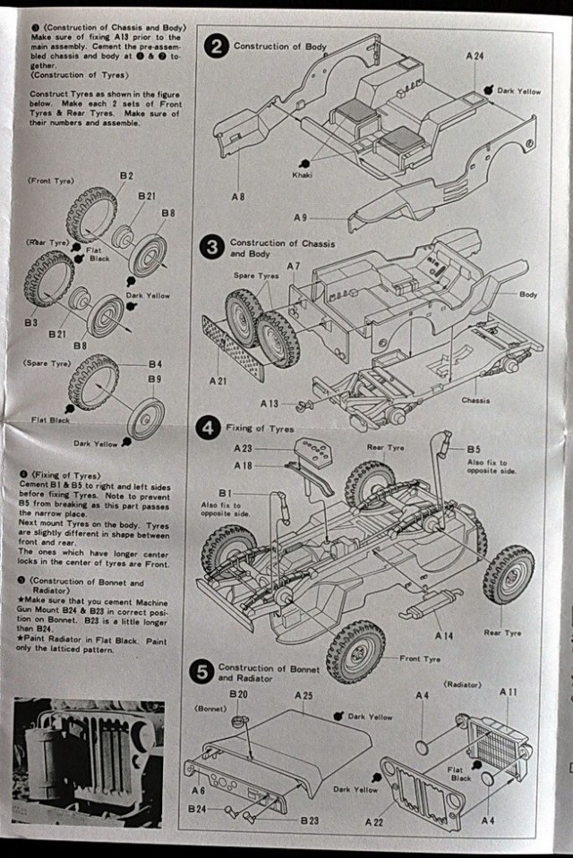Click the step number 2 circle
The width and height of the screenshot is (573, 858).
coord(217,47)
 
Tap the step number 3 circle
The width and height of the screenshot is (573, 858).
coord(212,247)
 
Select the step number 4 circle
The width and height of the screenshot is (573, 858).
coord(209,429)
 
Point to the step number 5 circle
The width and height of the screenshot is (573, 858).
coord(202,672)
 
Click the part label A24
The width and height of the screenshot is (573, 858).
coord(475,55)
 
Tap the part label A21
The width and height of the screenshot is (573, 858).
coord(218,380)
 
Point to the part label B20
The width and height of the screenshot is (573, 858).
coord(238,694)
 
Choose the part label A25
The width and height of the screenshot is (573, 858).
coord(303,695)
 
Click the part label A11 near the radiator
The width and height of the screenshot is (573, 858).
coord(509,692)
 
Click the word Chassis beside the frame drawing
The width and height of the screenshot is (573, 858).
coord(475,400)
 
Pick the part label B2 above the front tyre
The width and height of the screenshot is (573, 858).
coord(125,175)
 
